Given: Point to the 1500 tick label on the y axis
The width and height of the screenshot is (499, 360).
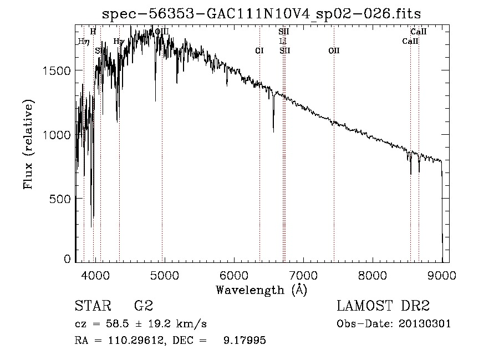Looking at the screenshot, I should pos(57,70).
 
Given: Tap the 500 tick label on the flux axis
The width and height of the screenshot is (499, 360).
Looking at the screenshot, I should pos(61,199).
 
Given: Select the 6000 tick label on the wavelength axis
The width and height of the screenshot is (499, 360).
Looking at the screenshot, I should pos(233,275).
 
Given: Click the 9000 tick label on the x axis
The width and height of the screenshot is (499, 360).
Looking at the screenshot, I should pos(442,275).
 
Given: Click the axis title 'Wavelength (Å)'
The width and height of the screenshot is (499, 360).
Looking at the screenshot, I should pos(261,290).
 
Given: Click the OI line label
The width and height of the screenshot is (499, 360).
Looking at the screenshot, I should pos(259,50).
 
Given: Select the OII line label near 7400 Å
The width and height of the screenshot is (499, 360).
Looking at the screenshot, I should pos(334,50).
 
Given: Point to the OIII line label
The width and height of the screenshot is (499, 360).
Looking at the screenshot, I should pos(161,32).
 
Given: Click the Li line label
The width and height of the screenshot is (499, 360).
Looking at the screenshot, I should pos(283,42).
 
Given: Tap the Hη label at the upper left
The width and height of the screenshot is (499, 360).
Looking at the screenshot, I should pos(84,41).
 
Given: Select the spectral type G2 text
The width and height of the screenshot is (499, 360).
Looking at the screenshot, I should pos(144,307).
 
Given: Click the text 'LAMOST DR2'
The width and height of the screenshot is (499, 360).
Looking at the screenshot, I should pos(383,307).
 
